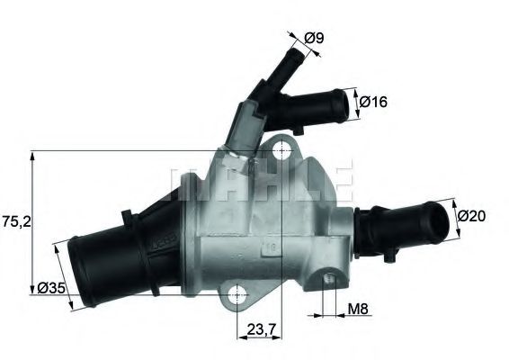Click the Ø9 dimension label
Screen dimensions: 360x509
point(314,38)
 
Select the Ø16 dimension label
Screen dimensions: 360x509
point(374,103)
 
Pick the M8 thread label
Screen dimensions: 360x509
point(359,310)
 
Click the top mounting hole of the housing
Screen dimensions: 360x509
point(283,148)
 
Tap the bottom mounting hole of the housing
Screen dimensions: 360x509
point(238,292)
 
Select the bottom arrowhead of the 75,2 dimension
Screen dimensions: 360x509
point(32,286)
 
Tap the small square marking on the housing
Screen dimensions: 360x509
point(267,244)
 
